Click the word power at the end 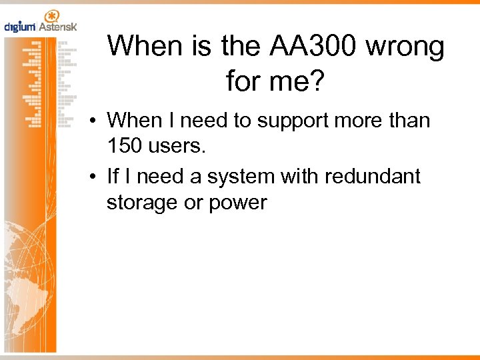(x=238, y=203)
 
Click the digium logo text (x=19, y=27)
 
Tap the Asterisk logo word (x=57, y=27)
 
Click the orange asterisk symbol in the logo (x=50, y=15)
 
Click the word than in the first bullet (x=411, y=121)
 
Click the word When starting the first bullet (x=135, y=121)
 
